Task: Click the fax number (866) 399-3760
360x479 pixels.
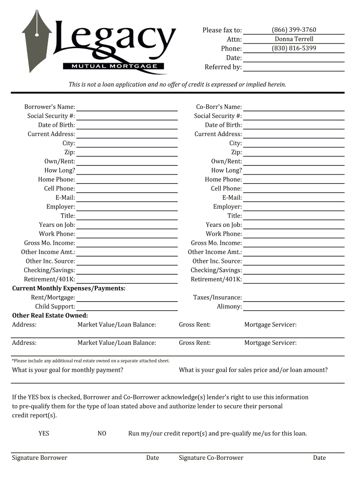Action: [x=294, y=30]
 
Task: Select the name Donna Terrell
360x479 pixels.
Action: [x=294, y=39]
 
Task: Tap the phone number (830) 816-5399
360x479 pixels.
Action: [x=294, y=48]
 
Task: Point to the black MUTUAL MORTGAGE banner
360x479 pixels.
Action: [x=115, y=66]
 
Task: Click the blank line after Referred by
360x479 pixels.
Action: [x=294, y=68]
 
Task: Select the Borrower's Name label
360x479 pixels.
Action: [x=50, y=107]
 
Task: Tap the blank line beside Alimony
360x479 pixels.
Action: [x=294, y=308]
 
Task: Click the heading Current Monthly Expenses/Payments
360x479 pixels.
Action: [x=69, y=288]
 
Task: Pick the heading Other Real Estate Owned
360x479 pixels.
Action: [x=50, y=316]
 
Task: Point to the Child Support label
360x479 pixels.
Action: [x=55, y=307]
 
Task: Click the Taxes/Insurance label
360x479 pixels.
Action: [x=217, y=298]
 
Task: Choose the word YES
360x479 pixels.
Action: [x=43, y=434]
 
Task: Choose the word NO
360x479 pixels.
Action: [x=102, y=434]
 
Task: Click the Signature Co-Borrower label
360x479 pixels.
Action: [x=211, y=458]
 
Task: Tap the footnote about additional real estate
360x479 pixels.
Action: [x=91, y=361]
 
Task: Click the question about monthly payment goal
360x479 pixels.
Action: [x=68, y=370]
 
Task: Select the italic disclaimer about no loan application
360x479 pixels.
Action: [x=177, y=85]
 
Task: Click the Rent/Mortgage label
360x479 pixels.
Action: [x=53, y=298]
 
